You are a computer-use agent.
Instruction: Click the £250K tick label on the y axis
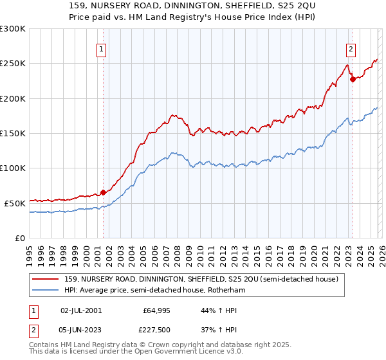(x=13, y=64)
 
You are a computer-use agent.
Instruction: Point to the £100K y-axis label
(x=13, y=168)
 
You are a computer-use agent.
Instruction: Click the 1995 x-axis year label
(x=30, y=250)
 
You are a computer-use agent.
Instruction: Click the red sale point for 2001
(x=103, y=192)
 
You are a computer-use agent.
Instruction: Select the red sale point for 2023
(x=352, y=80)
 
